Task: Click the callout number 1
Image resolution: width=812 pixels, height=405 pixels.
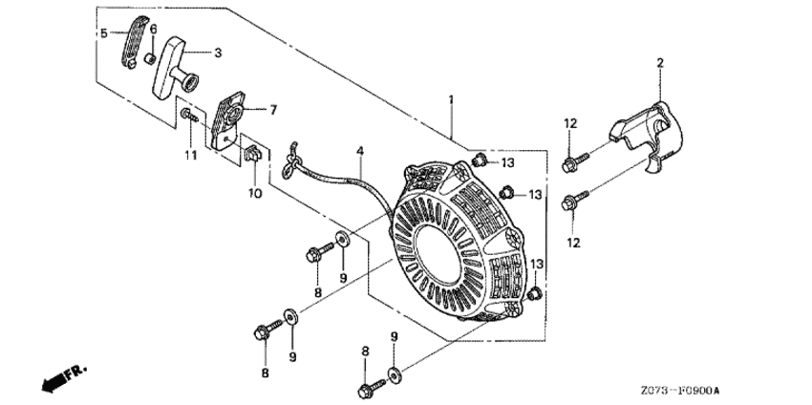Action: [451, 98]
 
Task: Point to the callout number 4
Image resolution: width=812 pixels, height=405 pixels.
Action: [360, 150]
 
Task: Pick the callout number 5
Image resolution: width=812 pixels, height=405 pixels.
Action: [103, 32]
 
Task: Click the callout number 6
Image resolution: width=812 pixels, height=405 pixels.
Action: [152, 30]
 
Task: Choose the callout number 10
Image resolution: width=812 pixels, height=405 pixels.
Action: [255, 193]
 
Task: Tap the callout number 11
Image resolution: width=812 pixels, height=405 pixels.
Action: [190, 154]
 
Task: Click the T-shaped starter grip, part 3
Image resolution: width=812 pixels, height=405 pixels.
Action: [177, 62]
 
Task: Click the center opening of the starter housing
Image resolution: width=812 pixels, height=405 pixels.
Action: [449, 240]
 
